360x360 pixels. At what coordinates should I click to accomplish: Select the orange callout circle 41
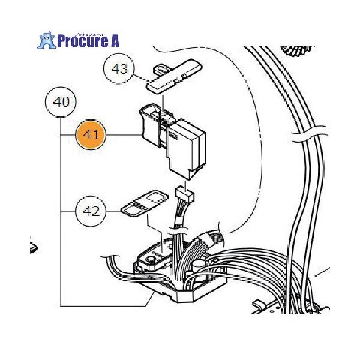91,136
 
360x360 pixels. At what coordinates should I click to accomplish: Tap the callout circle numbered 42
91,211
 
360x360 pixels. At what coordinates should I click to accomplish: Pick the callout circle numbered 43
120,69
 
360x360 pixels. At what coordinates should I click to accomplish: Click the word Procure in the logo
84,40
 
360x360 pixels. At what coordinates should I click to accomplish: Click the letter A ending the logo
114,40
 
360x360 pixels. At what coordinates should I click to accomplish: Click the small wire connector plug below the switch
184,194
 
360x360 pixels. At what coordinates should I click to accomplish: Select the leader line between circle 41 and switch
123,136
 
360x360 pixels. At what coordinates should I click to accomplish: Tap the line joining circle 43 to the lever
142,77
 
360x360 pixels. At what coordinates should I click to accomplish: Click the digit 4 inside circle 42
86,211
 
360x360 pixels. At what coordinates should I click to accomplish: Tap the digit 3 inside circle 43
124,69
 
